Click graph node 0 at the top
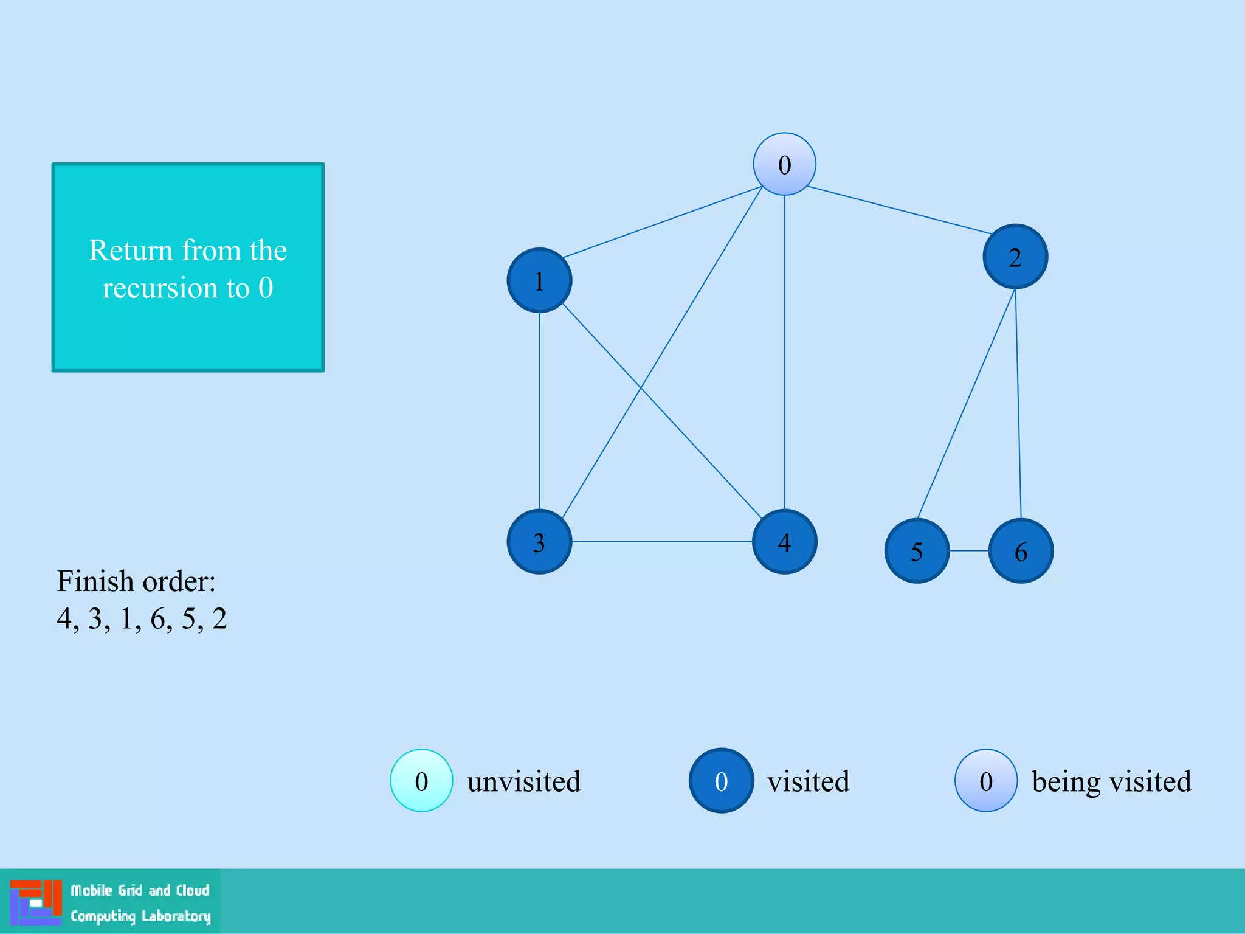[x=784, y=164]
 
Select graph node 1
[x=539, y=280]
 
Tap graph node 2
[x=1015, y=257]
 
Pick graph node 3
[x=539, y=541]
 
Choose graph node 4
[x=784, y=541]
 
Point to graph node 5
[x=917, y=551]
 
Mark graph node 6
[x=1021, y=551]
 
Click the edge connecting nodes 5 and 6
[x=969, y=551]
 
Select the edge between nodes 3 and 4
[x=661, y=541]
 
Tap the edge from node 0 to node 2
[x=900, y=210]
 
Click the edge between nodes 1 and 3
[x=539, y=410]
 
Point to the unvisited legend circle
[x=421, y=781]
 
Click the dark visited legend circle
[x=721, y=781]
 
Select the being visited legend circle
[x=985, y=781]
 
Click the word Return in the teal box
[x=131, y=251]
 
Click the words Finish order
[x=136, y=581]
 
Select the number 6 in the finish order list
[x=158, y=619]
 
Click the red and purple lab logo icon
[x=36, y=902]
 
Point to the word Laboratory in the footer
[x=176, y=916]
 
